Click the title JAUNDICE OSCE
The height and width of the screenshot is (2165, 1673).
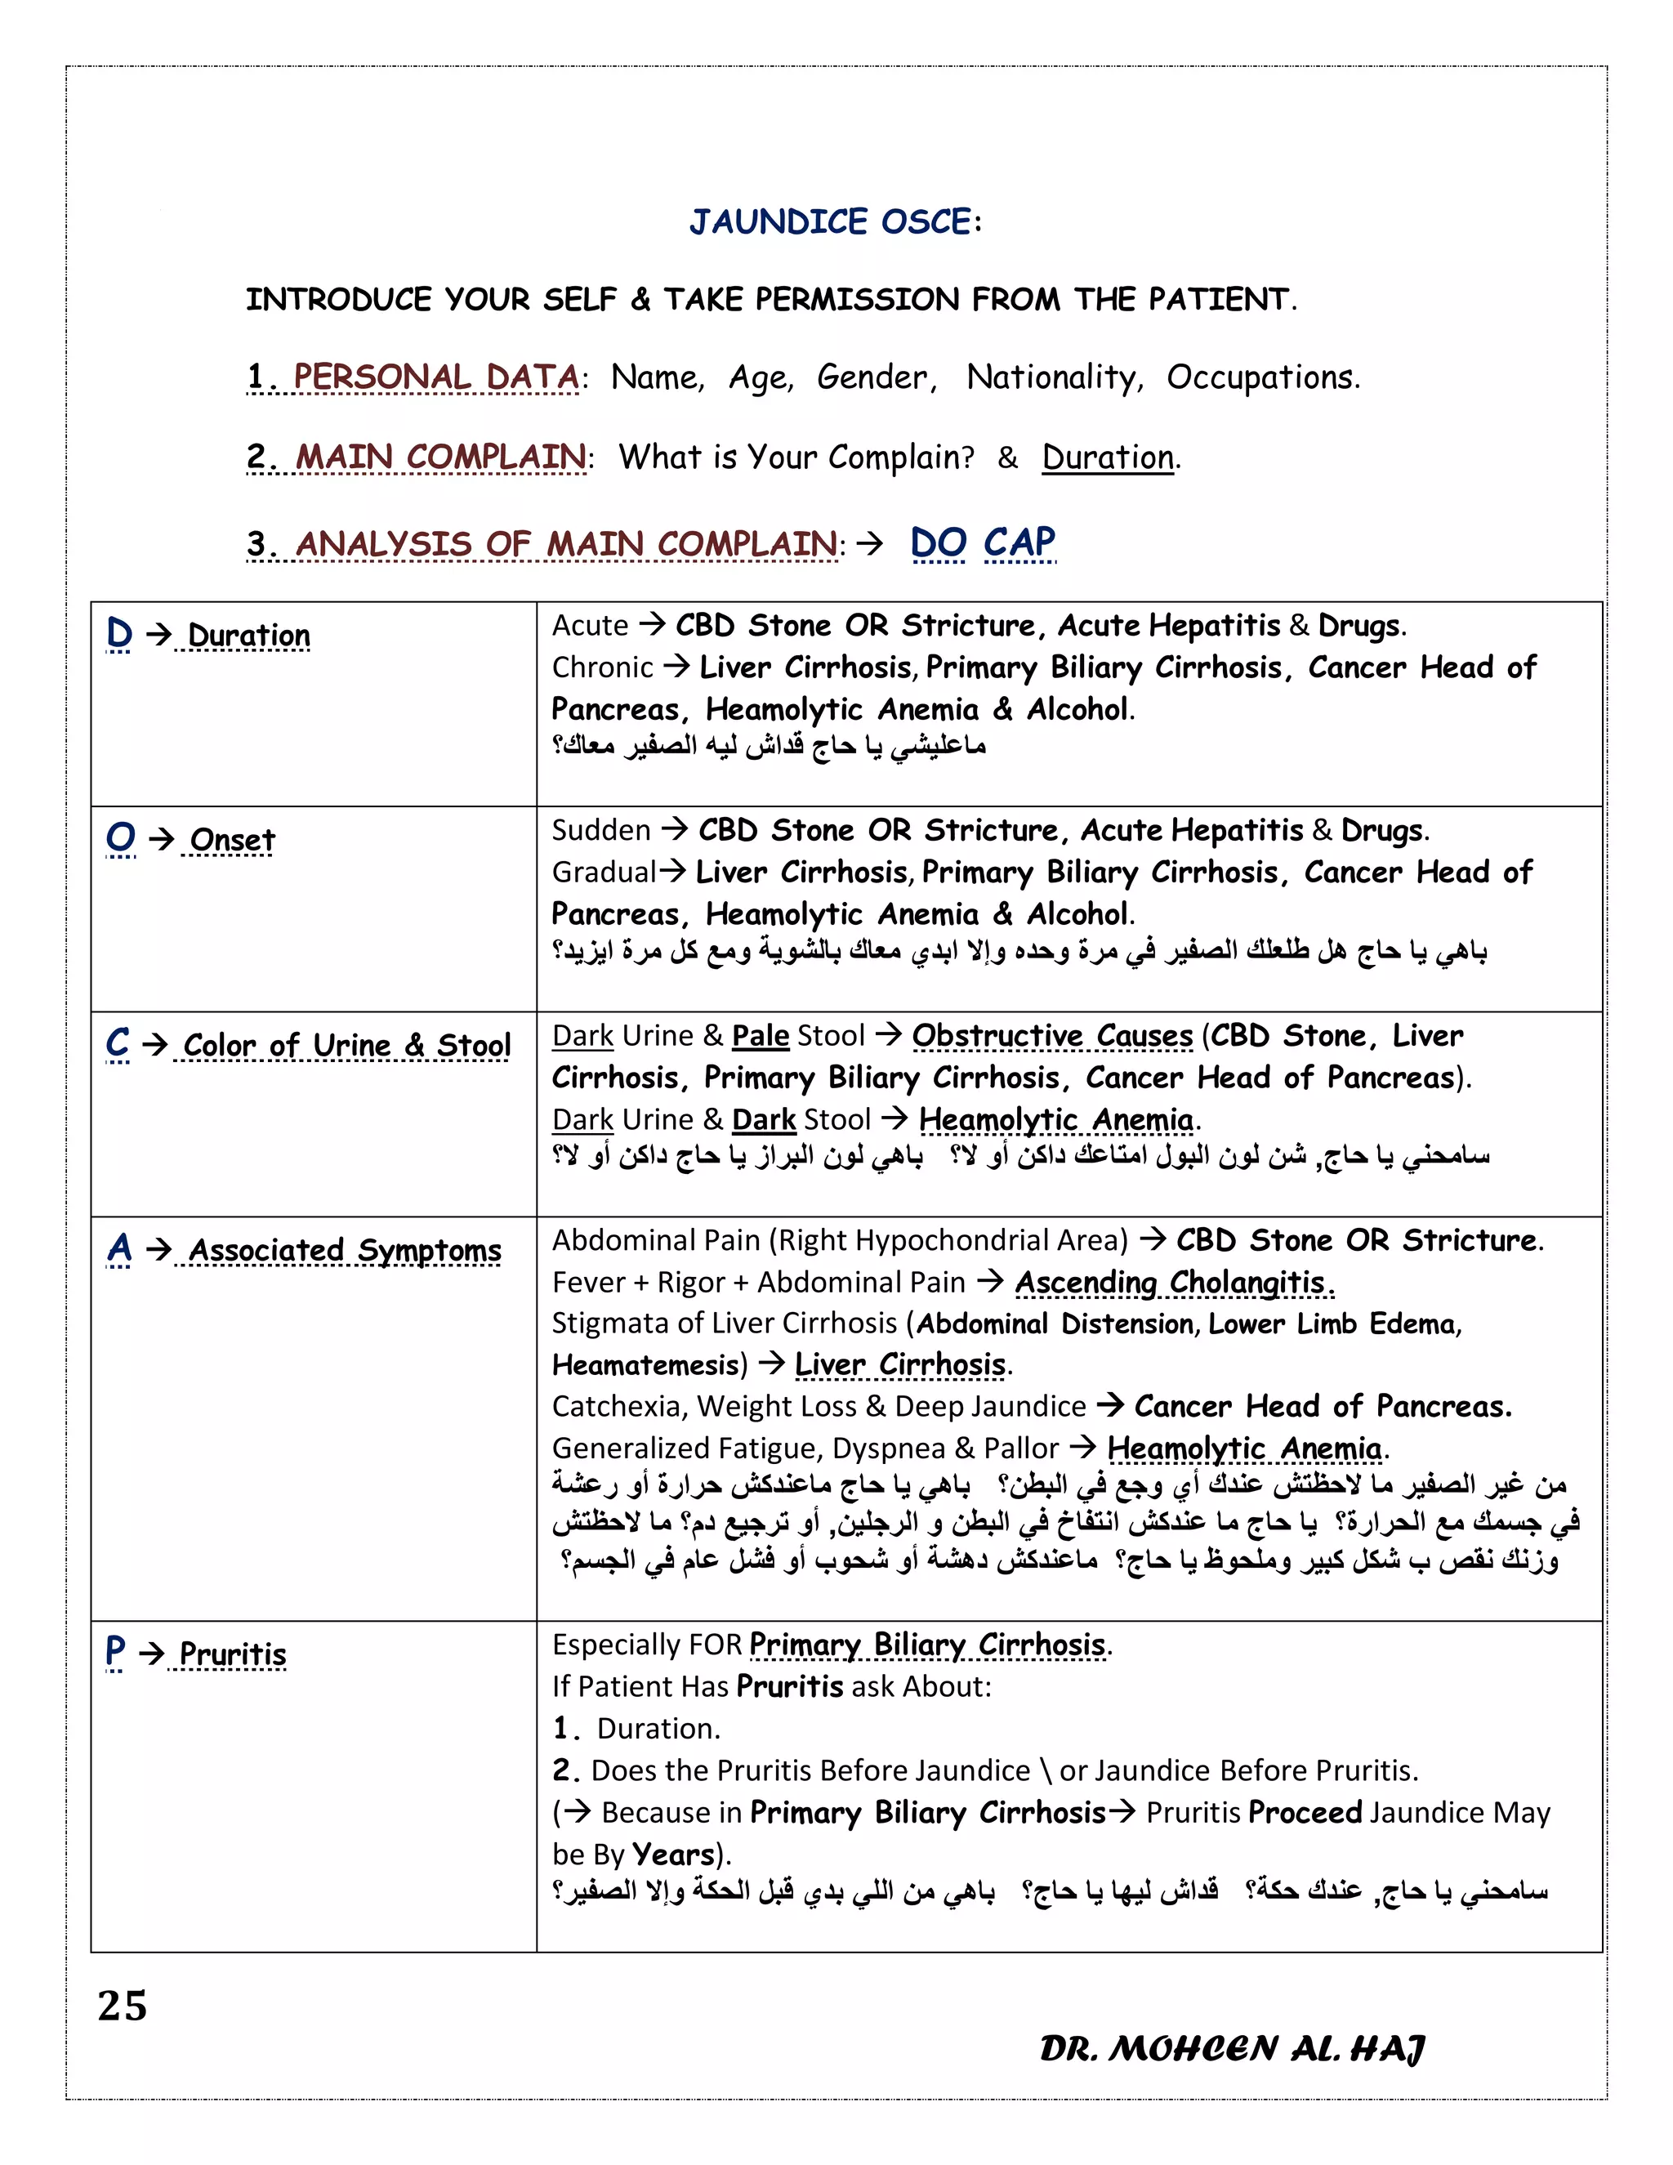835,221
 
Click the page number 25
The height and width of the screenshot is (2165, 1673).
122,2006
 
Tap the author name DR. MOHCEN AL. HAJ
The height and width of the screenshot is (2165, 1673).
1232,2048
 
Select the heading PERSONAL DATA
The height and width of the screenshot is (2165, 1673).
436,377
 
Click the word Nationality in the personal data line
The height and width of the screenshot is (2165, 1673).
1052,377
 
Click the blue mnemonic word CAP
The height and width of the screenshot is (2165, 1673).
1019,542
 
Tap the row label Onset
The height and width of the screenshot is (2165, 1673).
232,840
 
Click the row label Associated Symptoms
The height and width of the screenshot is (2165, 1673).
344,1250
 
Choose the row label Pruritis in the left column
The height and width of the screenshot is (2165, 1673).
232,1654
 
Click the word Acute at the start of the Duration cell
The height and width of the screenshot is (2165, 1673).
590,626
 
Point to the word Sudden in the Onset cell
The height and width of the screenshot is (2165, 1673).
600,830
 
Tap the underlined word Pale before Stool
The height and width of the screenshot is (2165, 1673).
761,1036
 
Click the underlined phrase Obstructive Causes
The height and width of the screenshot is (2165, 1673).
1051,1036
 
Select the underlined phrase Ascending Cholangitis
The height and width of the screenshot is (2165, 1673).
1174,1282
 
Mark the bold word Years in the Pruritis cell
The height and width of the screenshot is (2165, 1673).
674,1854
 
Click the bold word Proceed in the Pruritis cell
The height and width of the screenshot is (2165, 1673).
1305,1812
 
